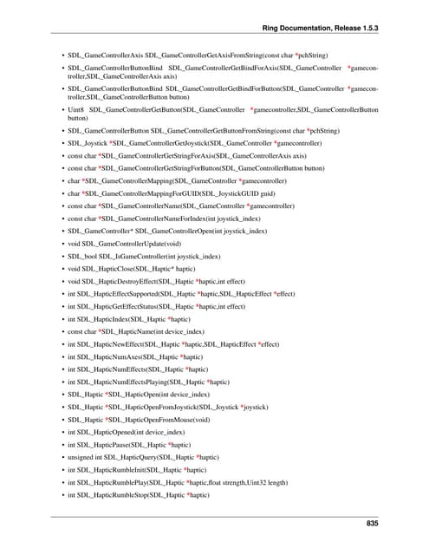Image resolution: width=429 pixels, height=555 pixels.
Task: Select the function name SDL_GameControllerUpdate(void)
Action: [x=125, y=245]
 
